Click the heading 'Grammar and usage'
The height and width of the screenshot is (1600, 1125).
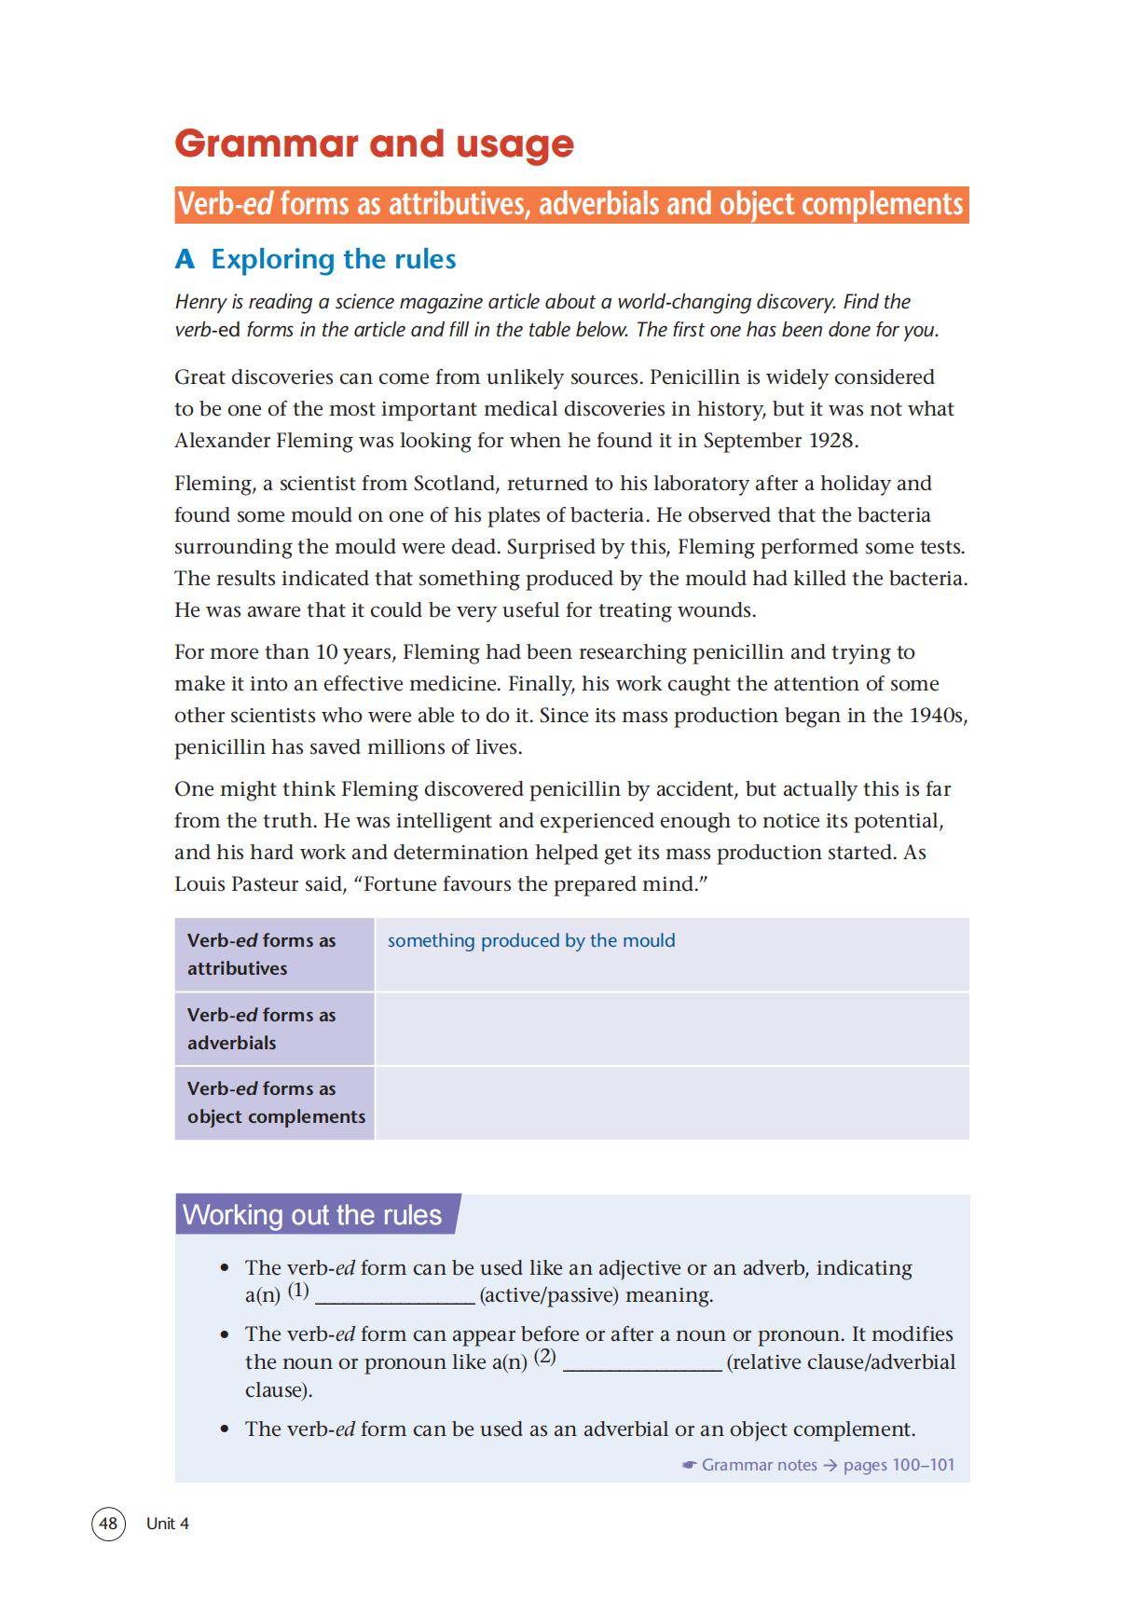click(374, 144)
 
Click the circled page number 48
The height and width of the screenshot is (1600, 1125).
click(108, 1523)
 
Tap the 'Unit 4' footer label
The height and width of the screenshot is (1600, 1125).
click(168, 1524)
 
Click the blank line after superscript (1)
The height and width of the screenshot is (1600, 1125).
click(395, 1296)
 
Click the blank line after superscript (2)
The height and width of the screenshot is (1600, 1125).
click(642, 1362)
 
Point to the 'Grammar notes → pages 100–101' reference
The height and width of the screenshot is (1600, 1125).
click(820, 1465)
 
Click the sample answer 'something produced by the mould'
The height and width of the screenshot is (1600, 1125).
click(531, 940)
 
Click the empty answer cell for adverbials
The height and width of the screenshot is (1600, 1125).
click(671, 1029)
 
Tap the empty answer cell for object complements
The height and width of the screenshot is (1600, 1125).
click(671, 1102)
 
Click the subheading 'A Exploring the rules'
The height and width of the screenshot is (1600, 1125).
click(315, 259)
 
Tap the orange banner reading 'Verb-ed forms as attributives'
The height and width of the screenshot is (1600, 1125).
click(570, 204)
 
